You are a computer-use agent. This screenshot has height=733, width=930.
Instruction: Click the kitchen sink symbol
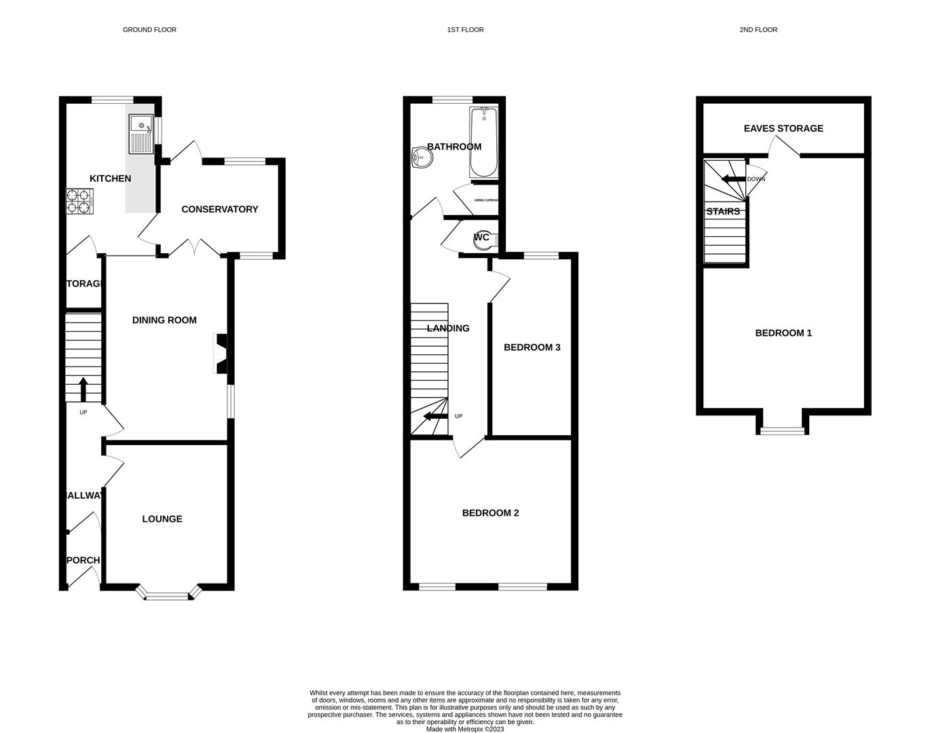point(141,134)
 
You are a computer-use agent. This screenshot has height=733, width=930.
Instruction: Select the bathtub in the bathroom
point(483,142)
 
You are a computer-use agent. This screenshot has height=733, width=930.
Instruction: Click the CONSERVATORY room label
point(219,209)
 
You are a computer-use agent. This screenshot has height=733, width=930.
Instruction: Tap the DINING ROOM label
point(164,320)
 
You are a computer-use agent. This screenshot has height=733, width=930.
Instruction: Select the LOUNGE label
point(162,519)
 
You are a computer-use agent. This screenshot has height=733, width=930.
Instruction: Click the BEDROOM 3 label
point(532,347)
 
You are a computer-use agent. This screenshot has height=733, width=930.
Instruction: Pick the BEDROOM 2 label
point(490,513)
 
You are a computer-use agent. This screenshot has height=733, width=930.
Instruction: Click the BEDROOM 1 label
point(783,333)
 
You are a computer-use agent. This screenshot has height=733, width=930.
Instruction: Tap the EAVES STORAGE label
point(783,128)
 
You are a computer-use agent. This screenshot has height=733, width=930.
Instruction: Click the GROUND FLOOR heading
point(149,30)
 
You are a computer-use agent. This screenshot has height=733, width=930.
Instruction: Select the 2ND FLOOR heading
point(758,30)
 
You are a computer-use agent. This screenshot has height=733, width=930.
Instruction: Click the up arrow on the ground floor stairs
point(83,390)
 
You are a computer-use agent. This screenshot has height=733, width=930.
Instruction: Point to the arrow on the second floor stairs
point(732,179)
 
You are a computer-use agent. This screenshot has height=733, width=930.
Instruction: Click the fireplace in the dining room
point(221,354)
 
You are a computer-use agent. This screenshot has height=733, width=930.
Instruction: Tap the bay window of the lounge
point(168,596)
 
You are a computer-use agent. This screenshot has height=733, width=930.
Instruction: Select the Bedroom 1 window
point(783,430)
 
